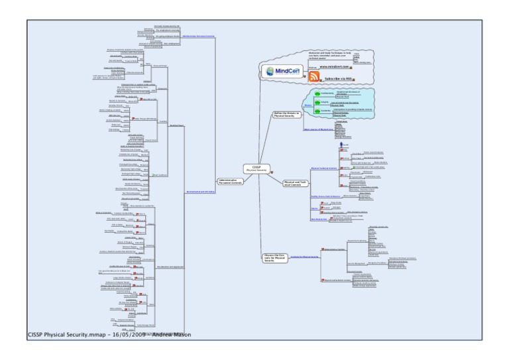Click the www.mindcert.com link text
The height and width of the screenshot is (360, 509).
coord(339,67)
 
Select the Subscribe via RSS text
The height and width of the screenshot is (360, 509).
coord(339,79)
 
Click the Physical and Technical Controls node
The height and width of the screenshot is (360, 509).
coord(296,182)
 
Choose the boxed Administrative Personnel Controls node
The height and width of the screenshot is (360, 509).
coord(233,181)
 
